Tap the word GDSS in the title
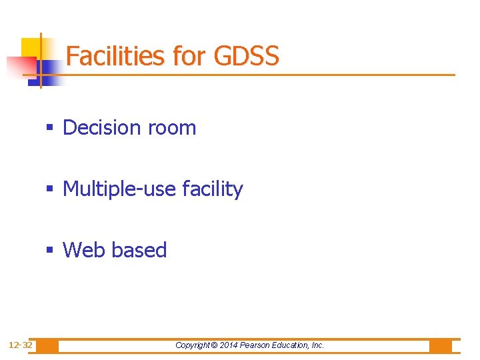click(x=247, y=56)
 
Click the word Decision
click(x=102, y=127)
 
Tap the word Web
click(x=85, y=250)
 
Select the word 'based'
click(x=139, y=250)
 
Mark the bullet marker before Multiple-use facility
click(x=51, y=189)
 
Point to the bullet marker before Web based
click(x=51, y=251)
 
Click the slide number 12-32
click(x=20, y=345)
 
